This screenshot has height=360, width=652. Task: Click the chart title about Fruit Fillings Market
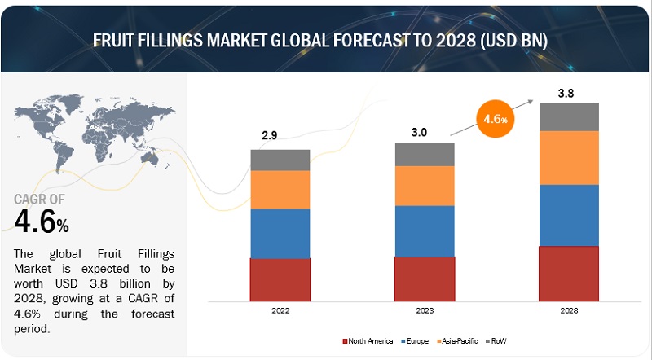click(326, 38)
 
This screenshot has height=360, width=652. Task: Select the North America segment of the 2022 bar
click(280, 279)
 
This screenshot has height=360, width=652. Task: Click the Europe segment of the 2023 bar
click(425, 230)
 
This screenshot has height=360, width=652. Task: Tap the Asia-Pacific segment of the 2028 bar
click(569, 157)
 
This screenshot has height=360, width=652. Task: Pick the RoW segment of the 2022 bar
click(280, 160)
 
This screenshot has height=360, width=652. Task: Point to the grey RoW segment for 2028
click(569, 116)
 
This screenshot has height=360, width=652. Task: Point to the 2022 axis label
click(280, 310)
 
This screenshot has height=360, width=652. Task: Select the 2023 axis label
click(425, 310)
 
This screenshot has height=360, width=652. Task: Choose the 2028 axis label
click(569, 310)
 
